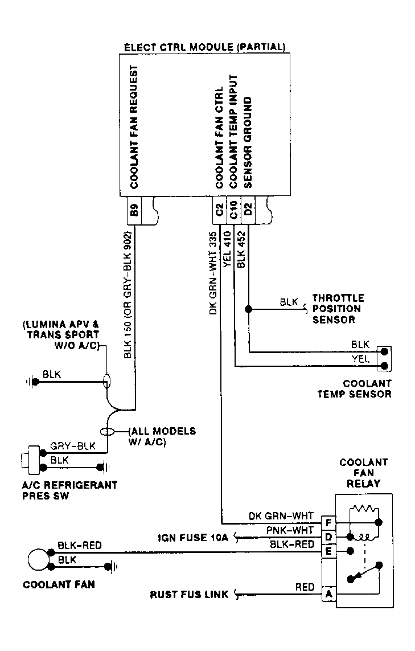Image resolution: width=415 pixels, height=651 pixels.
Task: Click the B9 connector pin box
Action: coord(134,211)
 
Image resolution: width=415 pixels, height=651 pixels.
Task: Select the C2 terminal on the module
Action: coord(219,210)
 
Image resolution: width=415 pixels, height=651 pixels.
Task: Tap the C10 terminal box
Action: coord(233,210)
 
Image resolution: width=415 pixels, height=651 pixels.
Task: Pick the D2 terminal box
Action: coord(247,210)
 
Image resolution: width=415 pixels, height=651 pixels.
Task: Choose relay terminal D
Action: coord(328,537)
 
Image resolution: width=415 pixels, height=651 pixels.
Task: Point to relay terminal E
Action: coord(328,551)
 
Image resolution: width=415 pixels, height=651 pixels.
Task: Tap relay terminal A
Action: coord(328,594)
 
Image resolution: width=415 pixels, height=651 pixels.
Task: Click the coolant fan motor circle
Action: coord(39,560)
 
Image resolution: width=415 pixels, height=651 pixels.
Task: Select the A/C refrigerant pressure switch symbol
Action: coord(31,460)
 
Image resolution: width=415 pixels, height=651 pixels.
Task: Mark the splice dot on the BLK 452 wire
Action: coord(248,309)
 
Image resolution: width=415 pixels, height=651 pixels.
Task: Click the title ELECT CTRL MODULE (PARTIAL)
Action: coord(204,47)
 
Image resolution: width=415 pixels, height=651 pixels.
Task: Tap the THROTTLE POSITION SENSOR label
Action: coord(338,309)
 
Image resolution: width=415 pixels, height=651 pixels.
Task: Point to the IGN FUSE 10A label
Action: coord(193,538)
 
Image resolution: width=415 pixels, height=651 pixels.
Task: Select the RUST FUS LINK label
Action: coord(189,595)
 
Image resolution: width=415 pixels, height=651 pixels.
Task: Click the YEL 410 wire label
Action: coord(227,249)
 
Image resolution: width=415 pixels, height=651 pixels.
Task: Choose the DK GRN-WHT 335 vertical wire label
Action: coord(213,273)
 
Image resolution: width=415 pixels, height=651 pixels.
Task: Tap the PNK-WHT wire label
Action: coord(290,530)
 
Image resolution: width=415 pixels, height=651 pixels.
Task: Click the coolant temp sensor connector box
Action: coord(384,359)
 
